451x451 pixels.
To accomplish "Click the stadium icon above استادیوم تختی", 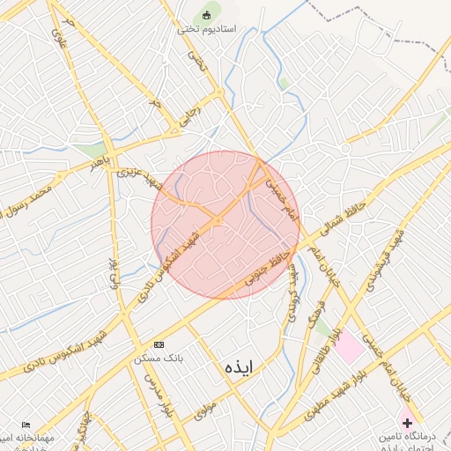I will point(208,14).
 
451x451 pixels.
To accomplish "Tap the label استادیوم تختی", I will point(207,29).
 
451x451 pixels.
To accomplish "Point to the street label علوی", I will point(59,38).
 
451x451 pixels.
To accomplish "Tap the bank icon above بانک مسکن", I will point(159,344).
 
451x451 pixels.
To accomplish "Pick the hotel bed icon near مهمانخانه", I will point(24,425).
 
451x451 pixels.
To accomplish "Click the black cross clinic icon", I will point(407,423).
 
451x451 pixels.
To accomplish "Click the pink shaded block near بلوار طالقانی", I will point(348,347).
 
